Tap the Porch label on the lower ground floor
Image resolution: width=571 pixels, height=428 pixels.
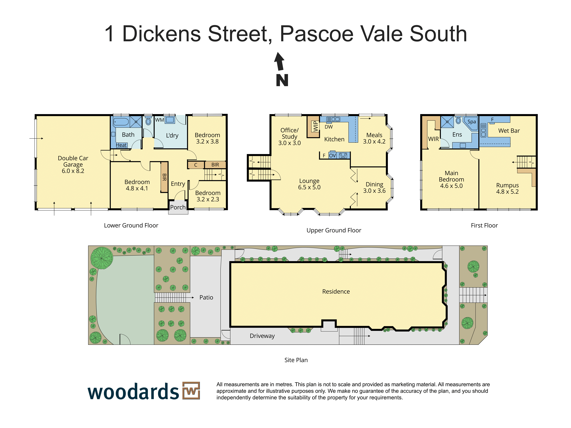tap(178, 207)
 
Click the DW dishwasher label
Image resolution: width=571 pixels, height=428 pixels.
tap(329, 127)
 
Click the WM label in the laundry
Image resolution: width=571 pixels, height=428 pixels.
tap(159, 120)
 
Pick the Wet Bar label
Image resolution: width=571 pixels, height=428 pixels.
tap(509, 131)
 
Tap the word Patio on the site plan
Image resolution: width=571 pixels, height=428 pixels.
tap(206, 297)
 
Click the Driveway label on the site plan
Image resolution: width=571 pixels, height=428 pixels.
tap(262, 336)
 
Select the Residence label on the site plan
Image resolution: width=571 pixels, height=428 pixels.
tap(336, 292)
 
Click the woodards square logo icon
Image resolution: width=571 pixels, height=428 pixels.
tap(191, 391)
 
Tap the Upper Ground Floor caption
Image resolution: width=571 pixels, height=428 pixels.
tap(334, 230)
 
